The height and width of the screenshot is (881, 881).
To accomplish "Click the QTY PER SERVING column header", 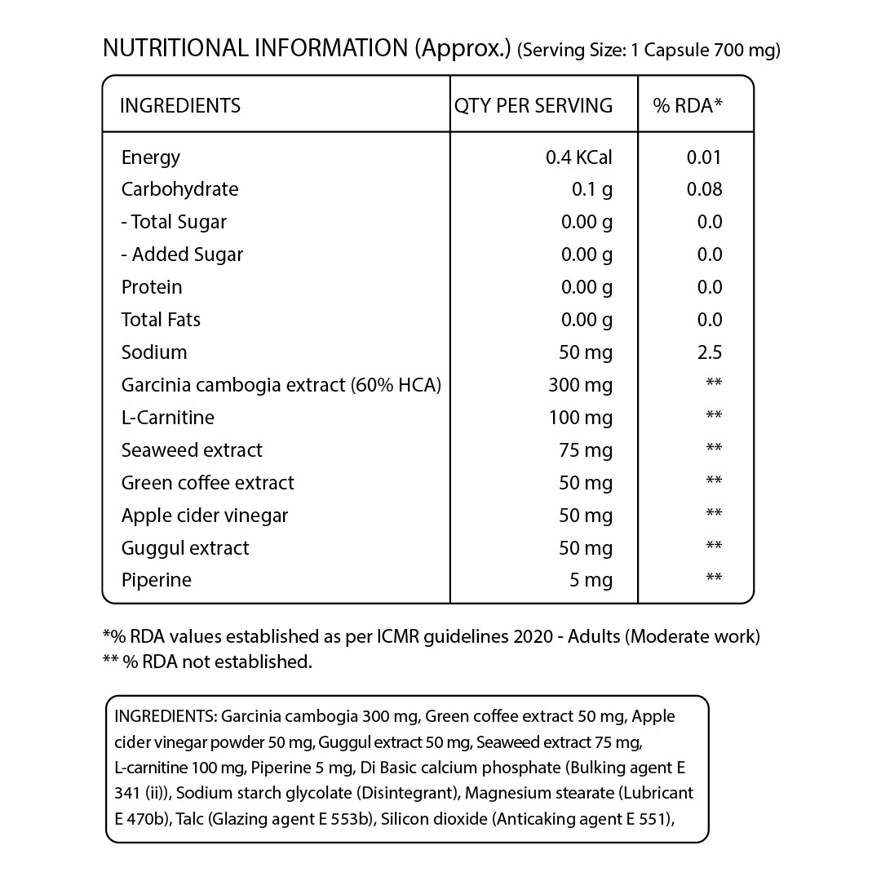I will click(533, 105).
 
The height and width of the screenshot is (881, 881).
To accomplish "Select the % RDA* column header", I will click(688, 105).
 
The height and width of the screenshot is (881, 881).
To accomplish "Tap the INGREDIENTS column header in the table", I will click(180, 105).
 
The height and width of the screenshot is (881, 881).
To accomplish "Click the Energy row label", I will click(151, 157).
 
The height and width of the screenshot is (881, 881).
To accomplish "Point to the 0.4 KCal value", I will click(578, 157).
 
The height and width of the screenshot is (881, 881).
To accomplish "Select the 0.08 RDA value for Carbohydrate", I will click(705, 189).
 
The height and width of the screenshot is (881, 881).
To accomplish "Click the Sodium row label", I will click(154, 352).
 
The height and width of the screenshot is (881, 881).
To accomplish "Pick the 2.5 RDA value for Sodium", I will click(710, 352).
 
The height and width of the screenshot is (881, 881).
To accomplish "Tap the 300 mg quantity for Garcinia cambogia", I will click(580, 385).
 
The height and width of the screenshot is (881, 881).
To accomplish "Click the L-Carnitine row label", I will click(168, 418).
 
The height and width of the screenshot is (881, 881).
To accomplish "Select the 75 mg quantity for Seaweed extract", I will click(586, 450).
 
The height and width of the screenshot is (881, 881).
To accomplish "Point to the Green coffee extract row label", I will click(208, 483).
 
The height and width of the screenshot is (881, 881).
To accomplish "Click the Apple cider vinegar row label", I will click(205, 516).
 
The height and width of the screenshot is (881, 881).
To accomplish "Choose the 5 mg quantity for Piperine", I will click(591, 581).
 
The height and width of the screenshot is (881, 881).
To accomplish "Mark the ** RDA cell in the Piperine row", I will click(714, 578).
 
